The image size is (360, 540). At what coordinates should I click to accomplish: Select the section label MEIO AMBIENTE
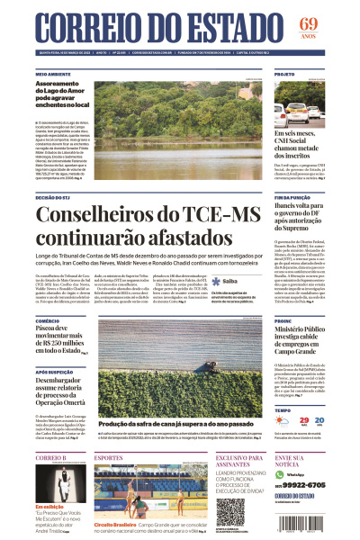pyautogui.click(x=54, y=73)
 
